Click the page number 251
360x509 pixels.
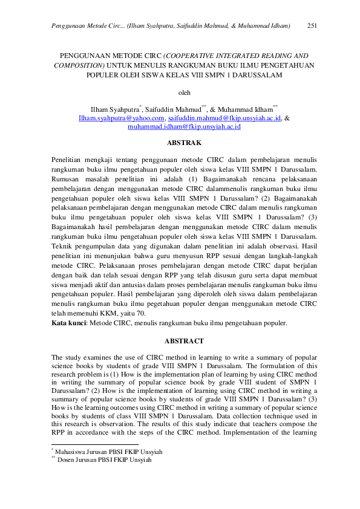[313, 26]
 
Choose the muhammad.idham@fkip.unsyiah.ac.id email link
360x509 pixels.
[185, 128]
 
